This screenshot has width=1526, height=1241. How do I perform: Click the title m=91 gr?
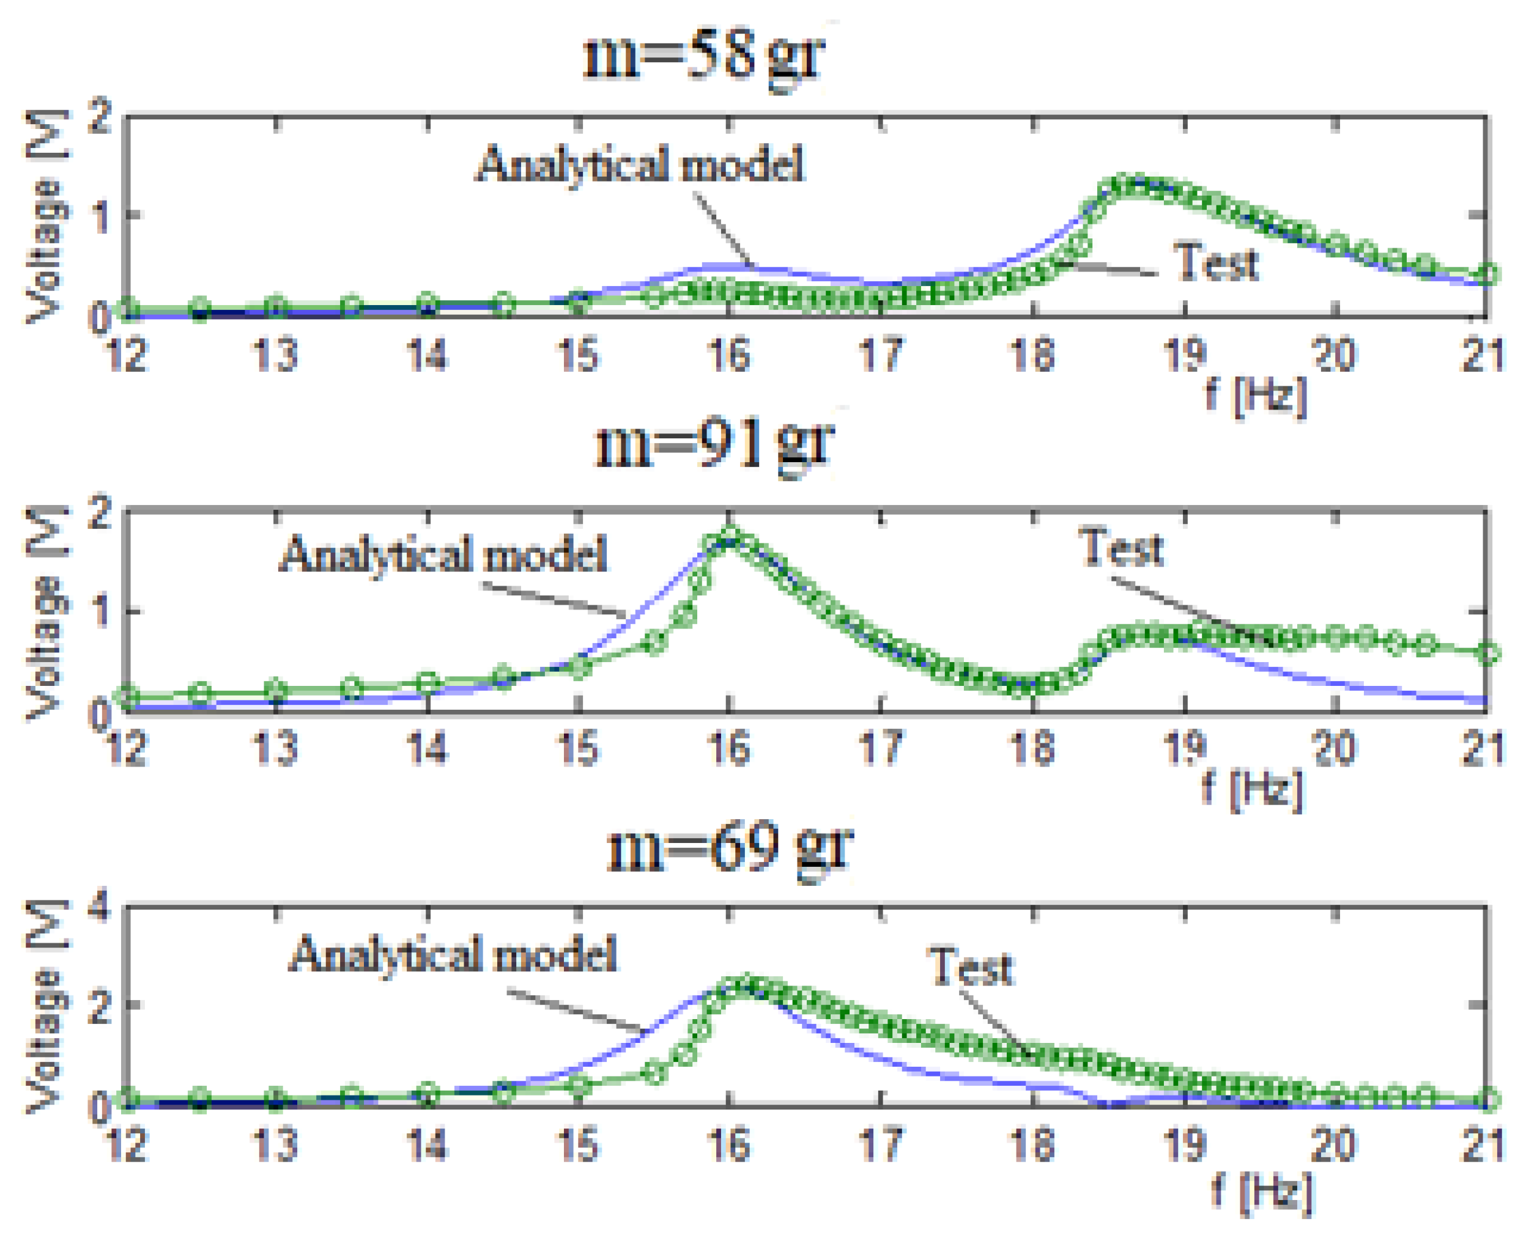(714, 444)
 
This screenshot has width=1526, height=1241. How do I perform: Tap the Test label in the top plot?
(1216, 262)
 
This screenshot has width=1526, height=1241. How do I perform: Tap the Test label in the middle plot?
(1120, 548)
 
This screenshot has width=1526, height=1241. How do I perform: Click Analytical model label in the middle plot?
(443, 554)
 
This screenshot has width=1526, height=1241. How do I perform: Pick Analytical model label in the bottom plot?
(453, 954)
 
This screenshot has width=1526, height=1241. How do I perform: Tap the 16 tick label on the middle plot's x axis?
(730, 748)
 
